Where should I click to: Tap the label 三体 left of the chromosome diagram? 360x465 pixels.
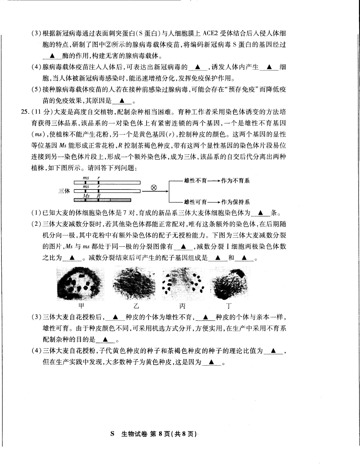(x=64, y=191)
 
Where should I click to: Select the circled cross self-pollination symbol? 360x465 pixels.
(x=154, y=187)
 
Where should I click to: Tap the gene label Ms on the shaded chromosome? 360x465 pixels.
(x=86, y=196)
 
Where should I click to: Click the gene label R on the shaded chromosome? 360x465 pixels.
(x=98, y=196)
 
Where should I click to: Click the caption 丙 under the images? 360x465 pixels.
(x=182, y=306)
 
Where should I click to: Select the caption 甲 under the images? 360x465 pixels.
(x=82, y=306)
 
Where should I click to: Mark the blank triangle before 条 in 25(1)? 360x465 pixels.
(x=260, y=213)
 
